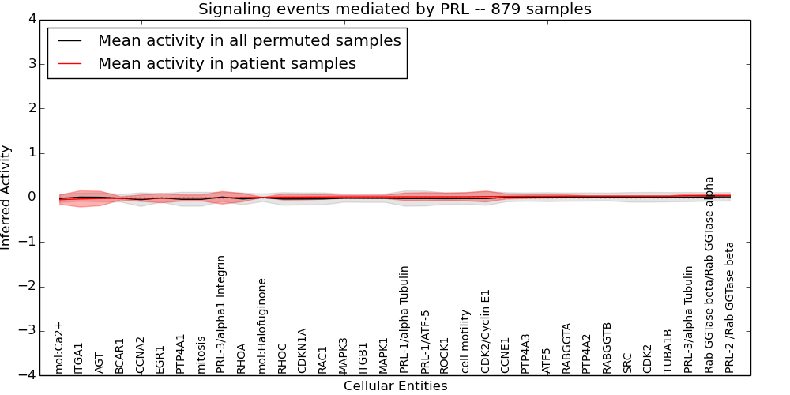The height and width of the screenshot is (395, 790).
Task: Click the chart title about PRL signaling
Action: [394, 9]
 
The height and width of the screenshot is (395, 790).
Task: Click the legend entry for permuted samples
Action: [249, 40]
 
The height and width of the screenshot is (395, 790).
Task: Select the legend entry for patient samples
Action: [227, 63]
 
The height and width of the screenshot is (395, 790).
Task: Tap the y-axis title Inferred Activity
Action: [6, 197]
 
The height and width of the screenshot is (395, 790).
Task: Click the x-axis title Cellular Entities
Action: [395, 386]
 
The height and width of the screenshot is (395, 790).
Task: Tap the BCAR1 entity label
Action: [120, 355]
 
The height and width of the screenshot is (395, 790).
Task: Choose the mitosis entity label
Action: [201, 354]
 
